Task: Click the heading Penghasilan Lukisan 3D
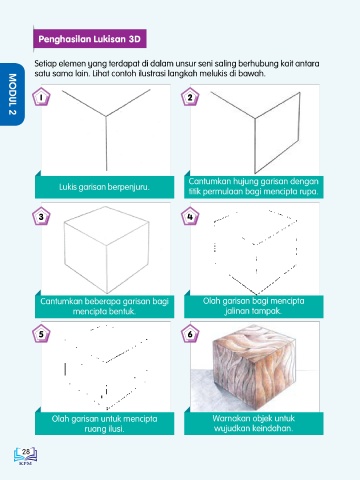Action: pos(89,39)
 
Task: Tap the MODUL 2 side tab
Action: pos(12,94)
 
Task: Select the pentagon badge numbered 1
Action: pos(41,97)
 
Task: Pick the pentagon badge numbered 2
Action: pos(190,97)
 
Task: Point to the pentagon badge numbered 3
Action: pos(41,217)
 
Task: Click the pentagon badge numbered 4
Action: pos(190,217)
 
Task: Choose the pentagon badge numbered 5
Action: pos(41,334)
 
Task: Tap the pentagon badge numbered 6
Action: pos(190,334)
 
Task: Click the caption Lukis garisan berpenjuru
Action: pos(104,187)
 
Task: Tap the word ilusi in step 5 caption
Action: pos(114,429)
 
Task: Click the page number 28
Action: pos(26,452)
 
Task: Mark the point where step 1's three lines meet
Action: pos(106,116)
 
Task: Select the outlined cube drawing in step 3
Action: pos(106,250)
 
